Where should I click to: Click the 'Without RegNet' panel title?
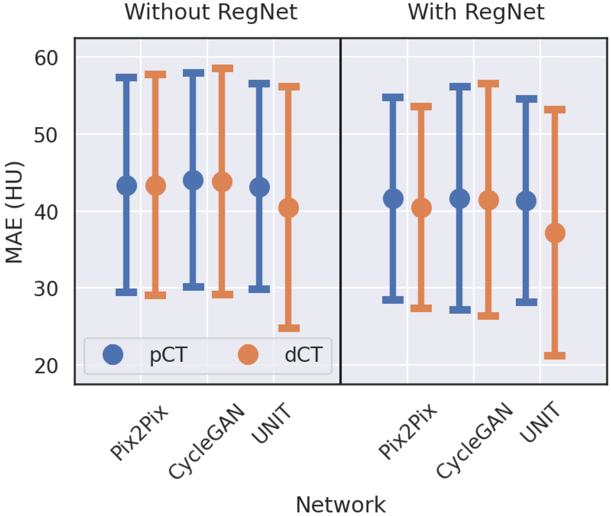click(x=211, y=12)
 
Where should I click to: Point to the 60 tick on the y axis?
click(x=46, y=58)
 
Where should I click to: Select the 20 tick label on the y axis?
click(x=46, y=366)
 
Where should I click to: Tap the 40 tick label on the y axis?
click(x=46, y=212)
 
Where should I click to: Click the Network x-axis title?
click(x=341, y=505)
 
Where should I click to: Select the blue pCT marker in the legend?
click(x=113, y=355)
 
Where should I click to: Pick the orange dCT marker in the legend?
click(x=248, y=355)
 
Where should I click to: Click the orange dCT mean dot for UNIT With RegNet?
click(x=555, y=233)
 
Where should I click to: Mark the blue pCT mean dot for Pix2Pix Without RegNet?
click(x=127, y=186)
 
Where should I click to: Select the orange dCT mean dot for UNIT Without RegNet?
click(x=289, y=208)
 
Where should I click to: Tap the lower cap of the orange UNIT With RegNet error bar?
click(x=555, y=356)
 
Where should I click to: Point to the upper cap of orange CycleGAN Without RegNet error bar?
click(x=223, y=68)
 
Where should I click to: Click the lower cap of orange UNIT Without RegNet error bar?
click(x=289, y=328)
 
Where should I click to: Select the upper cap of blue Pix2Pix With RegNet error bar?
click(x=393, y=97)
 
